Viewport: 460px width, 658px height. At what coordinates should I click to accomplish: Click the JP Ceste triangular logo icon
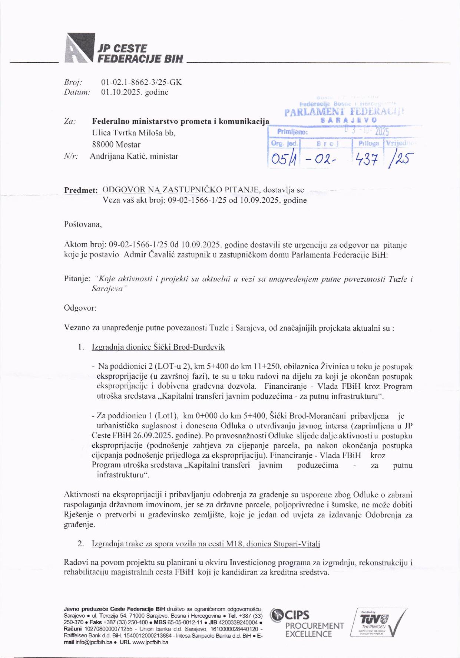pyautogui.click(x=79, y=47)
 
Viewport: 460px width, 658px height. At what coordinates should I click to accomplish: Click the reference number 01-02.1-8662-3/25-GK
pyautogui.click(x=141, y=82)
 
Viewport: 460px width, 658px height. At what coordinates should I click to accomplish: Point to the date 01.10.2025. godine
pyautogui.click(x=135, y=92)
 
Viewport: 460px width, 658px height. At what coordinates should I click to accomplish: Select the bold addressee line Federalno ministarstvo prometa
pyautogui.click(x=181, y=121)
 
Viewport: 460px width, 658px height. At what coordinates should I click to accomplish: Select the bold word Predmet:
pyautogui.click(x=81, y=190)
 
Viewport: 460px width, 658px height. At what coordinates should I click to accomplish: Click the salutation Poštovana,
pyautogui.click(x=83, y=224)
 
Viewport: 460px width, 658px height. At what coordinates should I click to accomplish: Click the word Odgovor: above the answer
pyautogui.click(x=80, y=308)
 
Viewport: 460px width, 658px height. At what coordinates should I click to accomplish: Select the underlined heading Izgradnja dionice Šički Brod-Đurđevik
pyautogui.click(x=158, y=347)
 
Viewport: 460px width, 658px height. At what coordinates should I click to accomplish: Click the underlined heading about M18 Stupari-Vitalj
pyautogui.click(x=206, y=544)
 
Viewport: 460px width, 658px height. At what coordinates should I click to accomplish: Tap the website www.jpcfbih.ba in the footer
pyautogui.click(x=150, y=642)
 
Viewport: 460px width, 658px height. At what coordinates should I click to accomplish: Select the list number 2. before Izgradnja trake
pyautogui.click(x=81, y=544)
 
